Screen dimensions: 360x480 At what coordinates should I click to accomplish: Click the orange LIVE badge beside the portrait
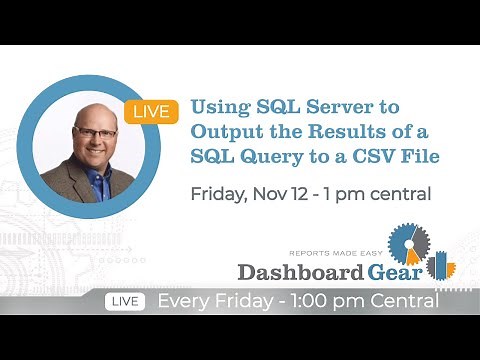[x=152, y=111]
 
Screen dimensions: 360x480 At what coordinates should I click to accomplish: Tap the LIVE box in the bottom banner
[x=124, y=300]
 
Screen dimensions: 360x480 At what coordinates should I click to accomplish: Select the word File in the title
[x=419, y=157]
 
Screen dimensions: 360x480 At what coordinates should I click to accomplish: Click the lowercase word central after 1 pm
[x=398, y=193]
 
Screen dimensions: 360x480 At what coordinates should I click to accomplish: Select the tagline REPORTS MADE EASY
[x=336, y=253]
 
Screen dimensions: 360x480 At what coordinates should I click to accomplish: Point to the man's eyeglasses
[x=95, y=135]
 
